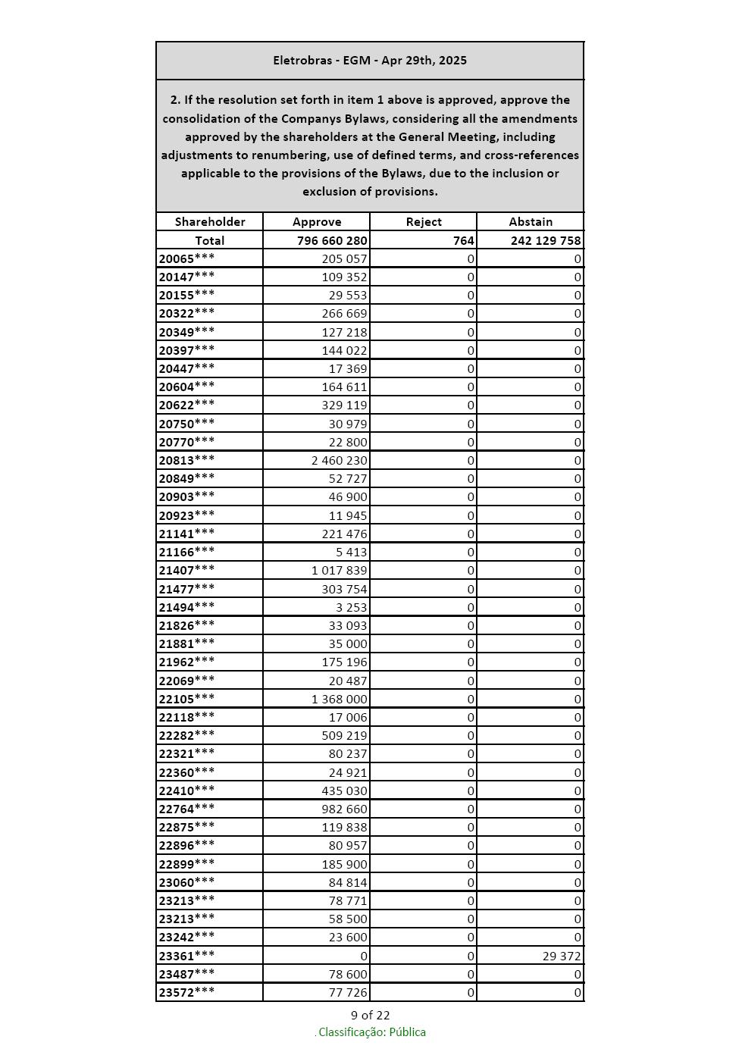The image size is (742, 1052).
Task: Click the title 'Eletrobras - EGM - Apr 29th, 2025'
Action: point(370,61)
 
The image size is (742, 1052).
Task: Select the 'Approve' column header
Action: point(317,222)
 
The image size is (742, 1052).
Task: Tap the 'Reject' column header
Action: point(424,222)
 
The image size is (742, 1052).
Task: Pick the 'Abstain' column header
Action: point(531,222)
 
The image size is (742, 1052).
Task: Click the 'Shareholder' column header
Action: point(210,222)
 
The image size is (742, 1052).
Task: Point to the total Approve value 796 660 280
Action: point(332,240)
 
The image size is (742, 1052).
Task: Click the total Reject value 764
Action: point(463,240)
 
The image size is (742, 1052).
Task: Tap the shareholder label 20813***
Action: point(186,460)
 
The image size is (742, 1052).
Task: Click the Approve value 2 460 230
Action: point(339,460)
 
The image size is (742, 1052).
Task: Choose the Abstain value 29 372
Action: point(562,957)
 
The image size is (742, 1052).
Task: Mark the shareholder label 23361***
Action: point(186,956)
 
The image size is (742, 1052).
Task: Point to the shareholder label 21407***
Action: point(186,570)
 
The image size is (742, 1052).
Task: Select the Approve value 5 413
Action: point(351,552)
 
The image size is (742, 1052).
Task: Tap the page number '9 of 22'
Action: point(370,1016)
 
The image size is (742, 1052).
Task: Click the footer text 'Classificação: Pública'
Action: point(371,1032)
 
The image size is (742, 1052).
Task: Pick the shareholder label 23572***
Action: point(186,993)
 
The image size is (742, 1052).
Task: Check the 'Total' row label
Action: point(210,240)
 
